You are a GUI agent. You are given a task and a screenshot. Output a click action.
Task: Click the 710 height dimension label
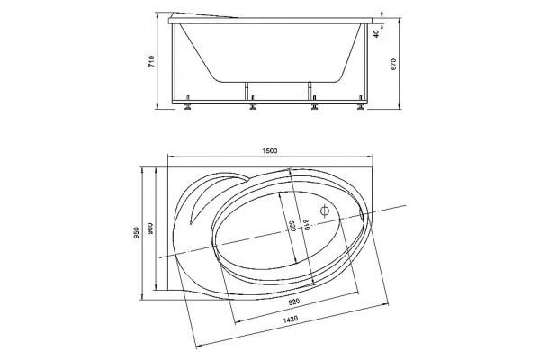click(151, 61)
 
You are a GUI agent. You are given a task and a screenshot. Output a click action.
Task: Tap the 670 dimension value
click(393, 64)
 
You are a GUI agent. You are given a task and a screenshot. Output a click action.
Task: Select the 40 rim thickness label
click(376, 34)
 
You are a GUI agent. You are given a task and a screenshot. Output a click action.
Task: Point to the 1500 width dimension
click(270, 150)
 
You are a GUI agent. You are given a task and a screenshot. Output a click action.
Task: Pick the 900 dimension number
click(150, 229)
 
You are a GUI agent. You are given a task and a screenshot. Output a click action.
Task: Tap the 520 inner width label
click(292, 226)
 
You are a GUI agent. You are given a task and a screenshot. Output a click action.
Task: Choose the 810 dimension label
click(306, 224)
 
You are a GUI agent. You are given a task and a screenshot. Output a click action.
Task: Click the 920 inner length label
click(293, 301)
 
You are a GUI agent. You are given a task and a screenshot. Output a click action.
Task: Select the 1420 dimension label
click(291, 319)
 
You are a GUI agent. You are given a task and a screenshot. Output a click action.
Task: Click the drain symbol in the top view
click(325, 210)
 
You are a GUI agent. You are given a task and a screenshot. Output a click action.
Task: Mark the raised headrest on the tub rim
click(204, 15)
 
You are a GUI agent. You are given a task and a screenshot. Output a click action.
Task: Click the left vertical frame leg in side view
click(173, 63)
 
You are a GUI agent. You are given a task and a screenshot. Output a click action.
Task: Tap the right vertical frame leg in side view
click(367, 63)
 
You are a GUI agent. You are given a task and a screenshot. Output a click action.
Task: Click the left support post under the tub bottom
click(247, 91)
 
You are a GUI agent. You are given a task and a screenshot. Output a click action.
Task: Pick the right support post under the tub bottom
click(310, 91)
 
